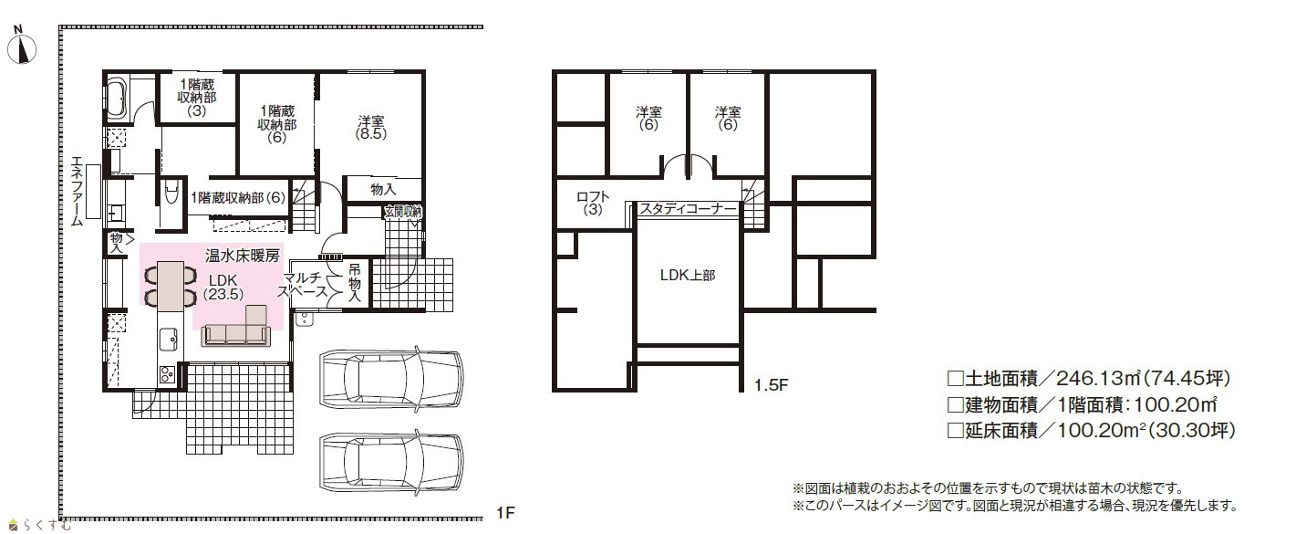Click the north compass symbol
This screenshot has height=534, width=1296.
click(x=22, y=47)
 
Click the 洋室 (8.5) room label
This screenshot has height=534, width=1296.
click(x=371, y=128)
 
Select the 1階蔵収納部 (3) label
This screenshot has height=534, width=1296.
click(x=197, y=97)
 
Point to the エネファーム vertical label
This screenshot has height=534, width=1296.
click(x=77, y=191)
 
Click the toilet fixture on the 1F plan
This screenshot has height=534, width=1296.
click(x=171, y=193)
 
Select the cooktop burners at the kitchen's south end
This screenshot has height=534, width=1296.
click(x=167, y=375)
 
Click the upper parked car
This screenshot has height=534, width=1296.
click(x=391, y=378)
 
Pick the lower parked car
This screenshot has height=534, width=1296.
click(x=391, y=462)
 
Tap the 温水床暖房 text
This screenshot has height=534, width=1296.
click(x=243, y=256)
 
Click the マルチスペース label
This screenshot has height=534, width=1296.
click(x=302, y=285)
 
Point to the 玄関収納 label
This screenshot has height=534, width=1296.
click(x=403, y=212)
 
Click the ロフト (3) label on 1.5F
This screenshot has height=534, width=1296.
click(x=593, y=204)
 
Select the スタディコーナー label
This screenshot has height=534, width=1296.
click(x=688, y=208)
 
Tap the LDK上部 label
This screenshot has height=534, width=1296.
click(x=688, y=275)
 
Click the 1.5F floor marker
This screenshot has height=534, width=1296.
click(x=772, y=385)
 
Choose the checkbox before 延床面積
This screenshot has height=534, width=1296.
click(x=955, y=430)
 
